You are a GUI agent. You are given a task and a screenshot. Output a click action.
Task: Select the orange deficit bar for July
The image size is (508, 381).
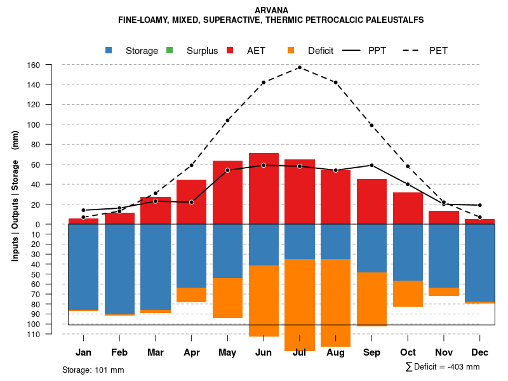pyautogui.click(x=300, y=305)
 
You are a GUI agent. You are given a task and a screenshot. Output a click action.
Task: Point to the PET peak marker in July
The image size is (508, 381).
pyautogui.click(x=299, y=67)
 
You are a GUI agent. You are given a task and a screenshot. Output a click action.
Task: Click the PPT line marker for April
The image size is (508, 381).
pyautogui.click(x=192, y=202)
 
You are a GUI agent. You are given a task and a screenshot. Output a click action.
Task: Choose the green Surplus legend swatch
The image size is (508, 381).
pyautogui.click(x=170, y=51)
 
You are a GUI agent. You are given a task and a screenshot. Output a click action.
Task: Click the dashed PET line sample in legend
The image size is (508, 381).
pyautogui.click(x=414, y=51)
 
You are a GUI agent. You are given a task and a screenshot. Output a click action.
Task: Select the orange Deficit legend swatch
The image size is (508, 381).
pyautogui.click(x=291, y=51)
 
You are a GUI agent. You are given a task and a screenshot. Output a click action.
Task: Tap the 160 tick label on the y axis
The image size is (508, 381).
pyautogui.click(x=51, y=65)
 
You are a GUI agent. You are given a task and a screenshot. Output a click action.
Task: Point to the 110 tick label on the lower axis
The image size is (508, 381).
pyautogui.click(x=51, y=334)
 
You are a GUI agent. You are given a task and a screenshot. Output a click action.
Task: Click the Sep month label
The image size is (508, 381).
pyautogui.click(x=371, y=352)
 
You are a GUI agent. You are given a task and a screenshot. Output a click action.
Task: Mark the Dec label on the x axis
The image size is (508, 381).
pyautogui.click(x=480, y=352)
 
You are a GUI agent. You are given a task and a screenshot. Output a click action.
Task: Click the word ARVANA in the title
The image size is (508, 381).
pyautogui.click(x=271, y=11)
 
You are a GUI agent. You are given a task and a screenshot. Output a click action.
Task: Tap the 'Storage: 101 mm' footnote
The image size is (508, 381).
pyautogui.click(x=93, y=370)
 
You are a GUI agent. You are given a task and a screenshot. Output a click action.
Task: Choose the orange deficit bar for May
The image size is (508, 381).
pyautogui.click(x=227, y=298)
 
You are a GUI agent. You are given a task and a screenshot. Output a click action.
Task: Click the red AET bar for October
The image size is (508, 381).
pyautogui.click(x=408, y=208)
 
